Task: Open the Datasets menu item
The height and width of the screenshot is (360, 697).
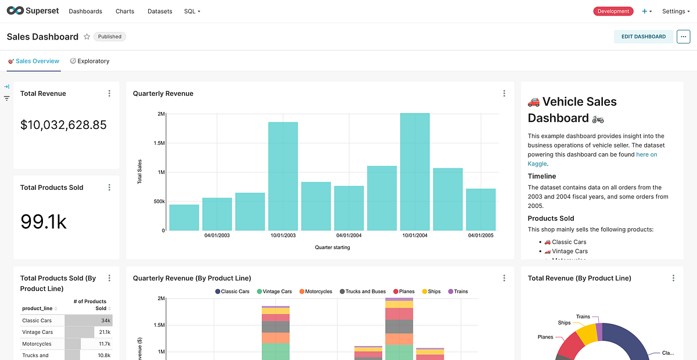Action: click(160, 11)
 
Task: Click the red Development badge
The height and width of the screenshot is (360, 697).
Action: click(613, 11)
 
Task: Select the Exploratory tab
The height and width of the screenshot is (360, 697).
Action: click(89, 61)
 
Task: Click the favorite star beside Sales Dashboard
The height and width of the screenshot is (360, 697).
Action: click(87, 37)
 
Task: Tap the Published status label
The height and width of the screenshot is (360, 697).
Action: click(110, 37)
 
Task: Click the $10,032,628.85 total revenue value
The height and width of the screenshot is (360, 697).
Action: click(63, 125)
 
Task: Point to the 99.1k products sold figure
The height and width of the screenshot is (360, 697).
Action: click(44, 221)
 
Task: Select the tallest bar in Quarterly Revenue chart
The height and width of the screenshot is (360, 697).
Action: click(415, 172)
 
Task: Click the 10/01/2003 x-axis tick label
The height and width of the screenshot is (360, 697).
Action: click(283, 235)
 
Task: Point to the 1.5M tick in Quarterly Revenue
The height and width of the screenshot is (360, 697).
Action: click(158, 143)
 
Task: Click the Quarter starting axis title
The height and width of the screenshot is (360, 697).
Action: click(332, 247)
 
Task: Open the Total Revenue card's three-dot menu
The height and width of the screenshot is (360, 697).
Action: click(109, 93)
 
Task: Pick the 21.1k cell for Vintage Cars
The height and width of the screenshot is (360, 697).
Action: click(104, 332)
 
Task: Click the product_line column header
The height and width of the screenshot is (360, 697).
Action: click(37, 308)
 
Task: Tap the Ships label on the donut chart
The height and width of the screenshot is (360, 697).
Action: click(564, 323)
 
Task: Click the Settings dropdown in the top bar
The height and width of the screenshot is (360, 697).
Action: click(676, 11)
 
